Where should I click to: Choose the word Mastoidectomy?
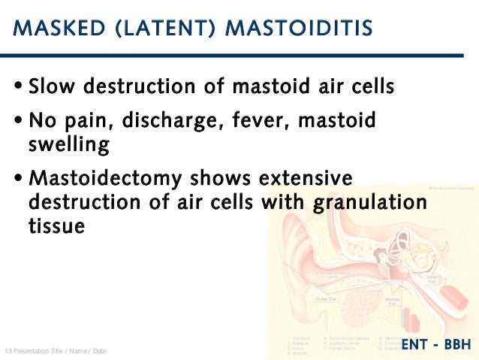pyautogui.click(x=105, y=180)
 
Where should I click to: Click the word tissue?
pyautogui.click(x=56, y=225)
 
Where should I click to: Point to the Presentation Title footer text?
pyautogui.click(x=56, y=351)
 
